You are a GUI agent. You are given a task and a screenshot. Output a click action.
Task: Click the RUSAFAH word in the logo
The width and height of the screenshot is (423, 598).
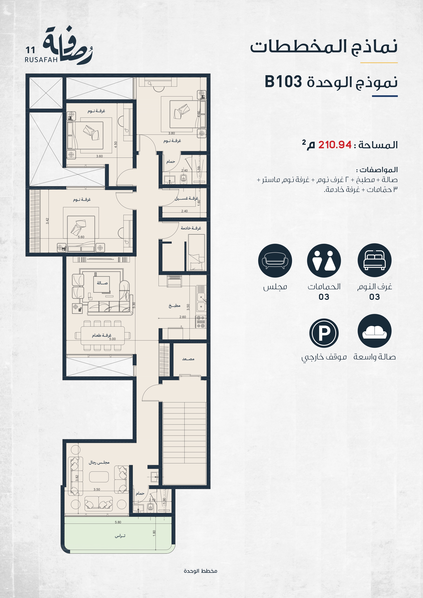coord(41,60)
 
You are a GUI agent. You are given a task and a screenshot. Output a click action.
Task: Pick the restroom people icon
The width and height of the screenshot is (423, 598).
coord(324,260)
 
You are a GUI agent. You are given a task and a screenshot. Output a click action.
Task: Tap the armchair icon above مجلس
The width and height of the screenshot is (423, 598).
coord(275,260)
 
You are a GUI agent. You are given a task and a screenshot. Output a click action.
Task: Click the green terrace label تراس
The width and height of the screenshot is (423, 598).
coord(120,536)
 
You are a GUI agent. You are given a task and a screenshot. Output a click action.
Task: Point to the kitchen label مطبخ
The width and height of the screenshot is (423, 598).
coord(175,305)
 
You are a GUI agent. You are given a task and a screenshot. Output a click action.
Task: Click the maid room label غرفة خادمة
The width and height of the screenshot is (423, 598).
coord(191,228)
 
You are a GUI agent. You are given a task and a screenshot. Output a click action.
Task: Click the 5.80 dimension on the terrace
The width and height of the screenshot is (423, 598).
coord(118,522)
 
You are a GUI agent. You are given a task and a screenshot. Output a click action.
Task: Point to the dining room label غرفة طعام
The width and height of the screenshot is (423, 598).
coord(102,335)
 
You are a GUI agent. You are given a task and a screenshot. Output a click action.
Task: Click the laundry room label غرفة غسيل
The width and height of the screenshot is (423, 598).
coord(187,198)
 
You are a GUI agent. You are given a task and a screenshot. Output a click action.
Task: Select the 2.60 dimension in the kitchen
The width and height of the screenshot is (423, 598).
coord(183,317)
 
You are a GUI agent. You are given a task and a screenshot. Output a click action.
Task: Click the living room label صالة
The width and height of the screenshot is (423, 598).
coord(102,283)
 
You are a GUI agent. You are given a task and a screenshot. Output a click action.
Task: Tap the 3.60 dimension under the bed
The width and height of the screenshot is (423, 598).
coord(100,156)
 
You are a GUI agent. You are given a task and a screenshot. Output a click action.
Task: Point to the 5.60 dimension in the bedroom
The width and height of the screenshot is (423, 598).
coord(81,237)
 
